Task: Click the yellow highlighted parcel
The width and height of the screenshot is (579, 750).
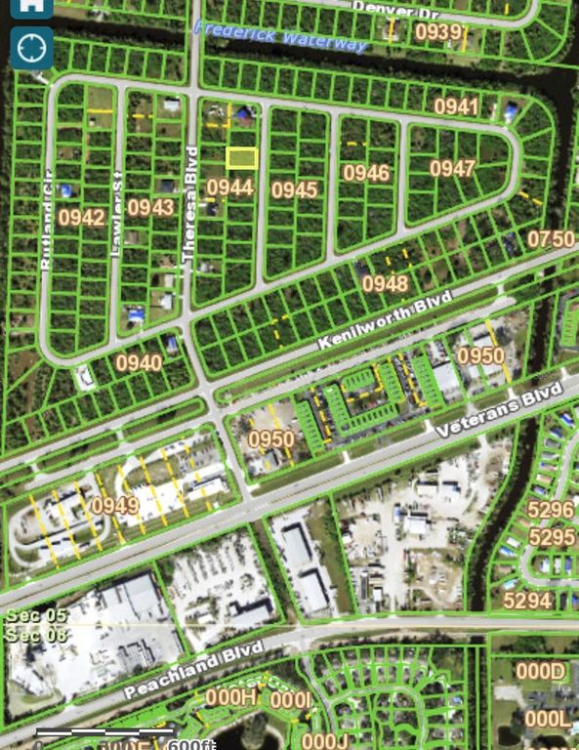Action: [x=241, y=157]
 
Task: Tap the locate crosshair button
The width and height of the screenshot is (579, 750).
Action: [x=31, y=47]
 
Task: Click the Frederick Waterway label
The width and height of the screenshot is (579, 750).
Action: [x=280, y=37]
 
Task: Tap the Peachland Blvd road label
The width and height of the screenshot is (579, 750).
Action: [x=194, y=670]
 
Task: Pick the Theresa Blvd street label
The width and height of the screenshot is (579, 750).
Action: [x=191, y=205]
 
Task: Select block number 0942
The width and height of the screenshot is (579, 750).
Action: [x=81, y=217]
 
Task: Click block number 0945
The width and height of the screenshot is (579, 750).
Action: [x=295, y=189]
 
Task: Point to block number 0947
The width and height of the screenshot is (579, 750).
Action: [x=453, y=168]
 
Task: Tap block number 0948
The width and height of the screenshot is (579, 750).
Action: [x=385, y=283]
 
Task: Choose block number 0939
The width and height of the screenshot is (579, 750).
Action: [x=438, y=32]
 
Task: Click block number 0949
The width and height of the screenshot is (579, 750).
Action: [x=115, y=506]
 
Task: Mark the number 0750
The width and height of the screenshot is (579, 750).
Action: [x=552, y=238]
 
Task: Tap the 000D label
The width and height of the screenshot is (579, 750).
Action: [x=541, y=672]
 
